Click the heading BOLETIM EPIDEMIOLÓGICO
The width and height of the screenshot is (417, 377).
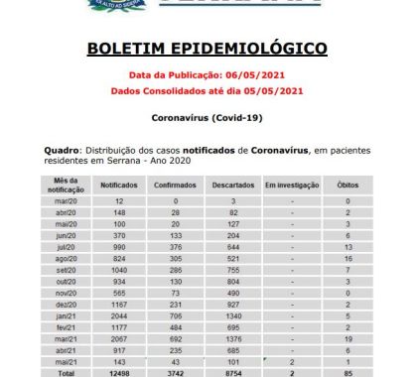[208, 49]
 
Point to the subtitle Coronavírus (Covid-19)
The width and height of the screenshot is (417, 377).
[208, 118]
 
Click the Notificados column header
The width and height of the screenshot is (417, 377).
[119, 185]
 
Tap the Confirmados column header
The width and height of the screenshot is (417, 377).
[176, 185]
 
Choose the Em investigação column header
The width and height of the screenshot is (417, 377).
[291, 185]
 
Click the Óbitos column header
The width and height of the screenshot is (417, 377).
[348, 185]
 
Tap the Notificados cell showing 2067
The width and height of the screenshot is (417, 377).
[119, 338]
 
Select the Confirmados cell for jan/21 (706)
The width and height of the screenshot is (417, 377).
[176, 314]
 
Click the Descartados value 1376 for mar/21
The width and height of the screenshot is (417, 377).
[234, 338]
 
